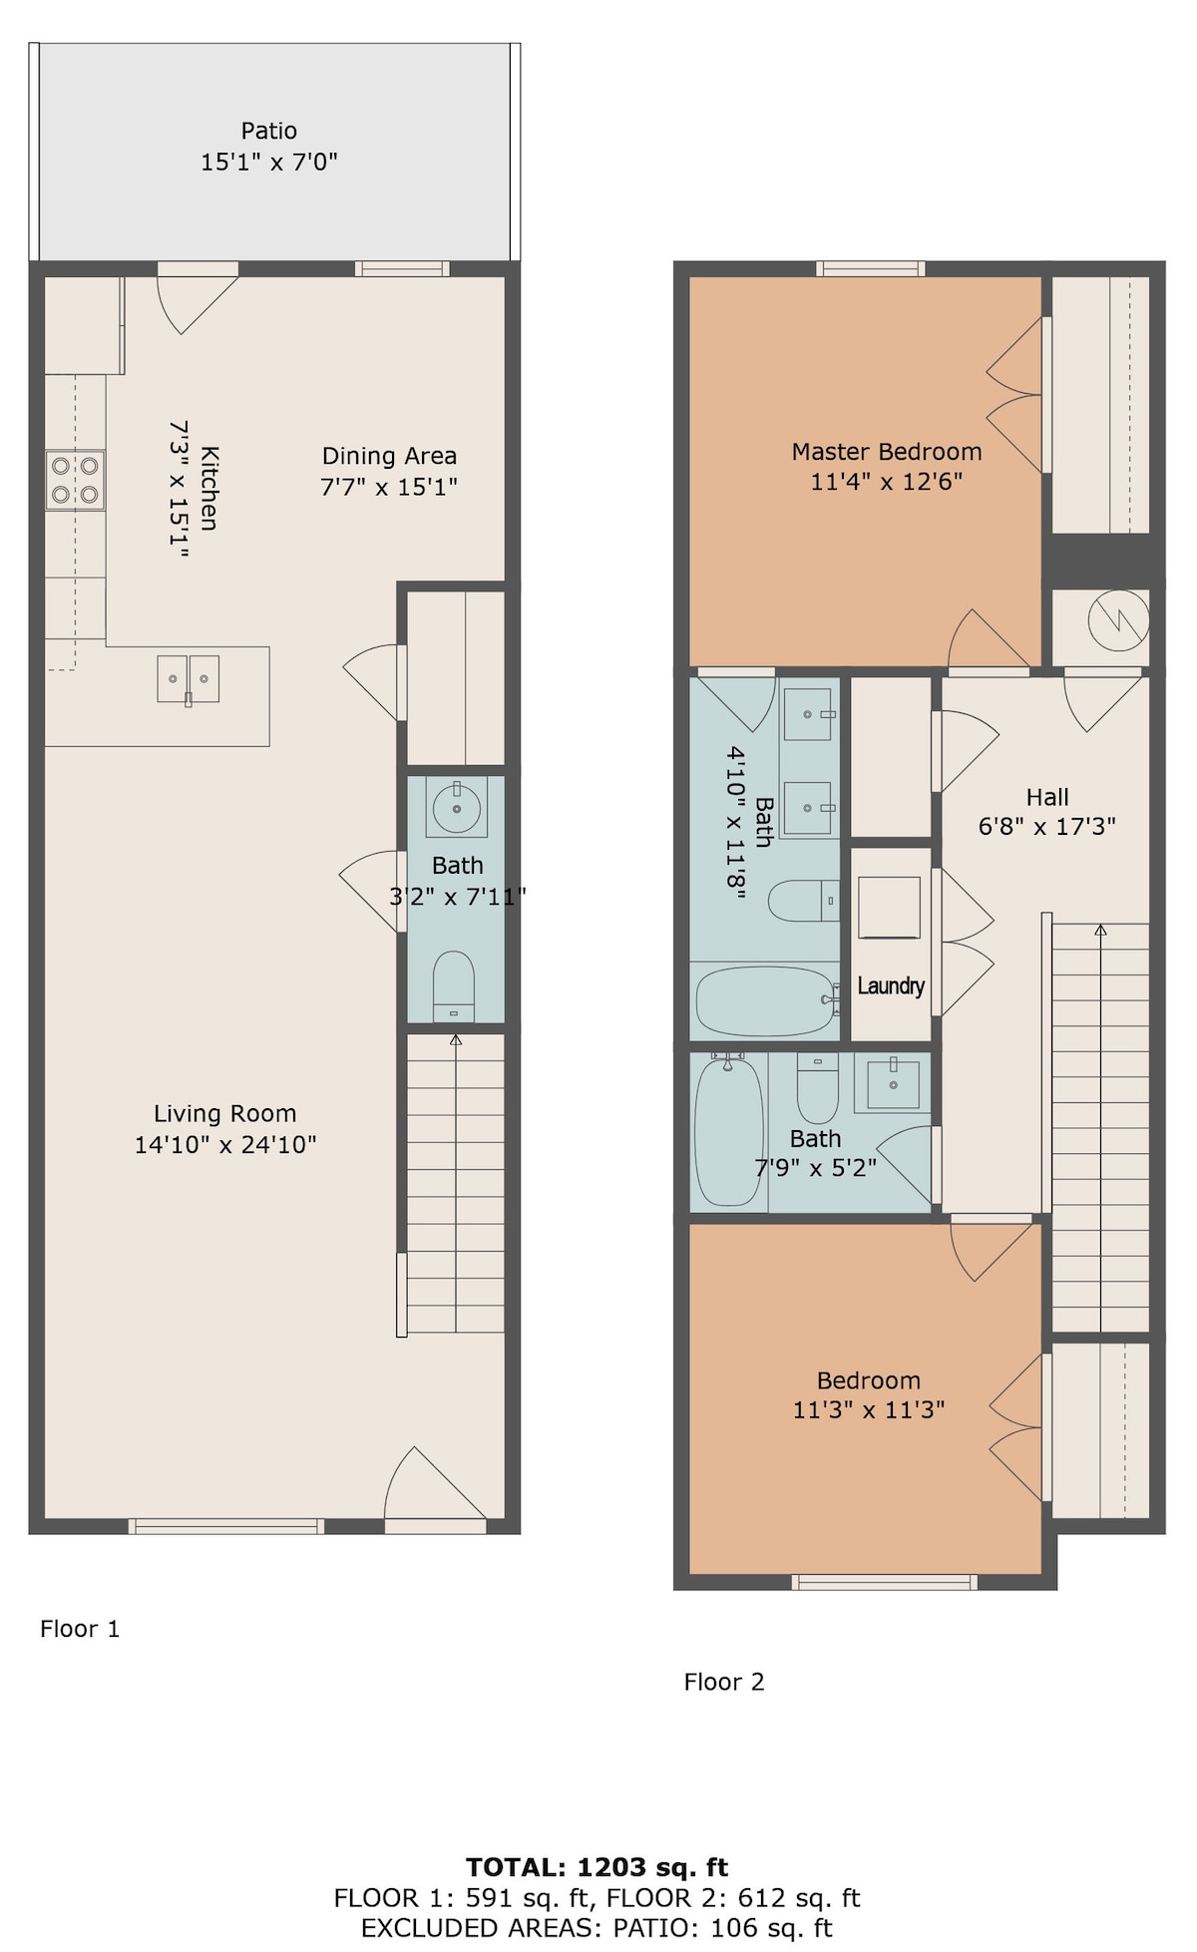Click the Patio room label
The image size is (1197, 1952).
tap(269, 131)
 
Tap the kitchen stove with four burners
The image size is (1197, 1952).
tap(75, 480)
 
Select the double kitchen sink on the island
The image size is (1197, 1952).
tap(189, 680)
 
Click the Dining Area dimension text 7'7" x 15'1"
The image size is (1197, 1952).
tap(389, 487)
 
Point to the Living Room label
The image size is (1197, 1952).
tap(225, 1113)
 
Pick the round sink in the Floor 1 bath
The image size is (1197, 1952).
tap(457, 807)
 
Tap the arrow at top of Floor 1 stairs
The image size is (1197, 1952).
tap(456, 1040)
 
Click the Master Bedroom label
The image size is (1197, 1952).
tap(887, 452)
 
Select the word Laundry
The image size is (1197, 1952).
tap(891, 986)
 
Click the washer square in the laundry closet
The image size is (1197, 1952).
tap(889, 908)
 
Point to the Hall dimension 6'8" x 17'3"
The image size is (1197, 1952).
tap(1047, 826)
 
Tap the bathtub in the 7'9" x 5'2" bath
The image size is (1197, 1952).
tap(728, 1131)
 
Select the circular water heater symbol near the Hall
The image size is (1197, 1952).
tap(1118, 620)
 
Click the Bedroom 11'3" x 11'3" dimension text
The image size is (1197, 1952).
tap(869, 1409)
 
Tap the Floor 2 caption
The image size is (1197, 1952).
tap(724, 1682)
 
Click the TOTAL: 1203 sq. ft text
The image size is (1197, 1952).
tap(598, 1867)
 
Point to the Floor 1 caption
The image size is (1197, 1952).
tap(80, 1629)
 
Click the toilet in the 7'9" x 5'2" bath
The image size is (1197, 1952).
tap(818, 1090)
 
